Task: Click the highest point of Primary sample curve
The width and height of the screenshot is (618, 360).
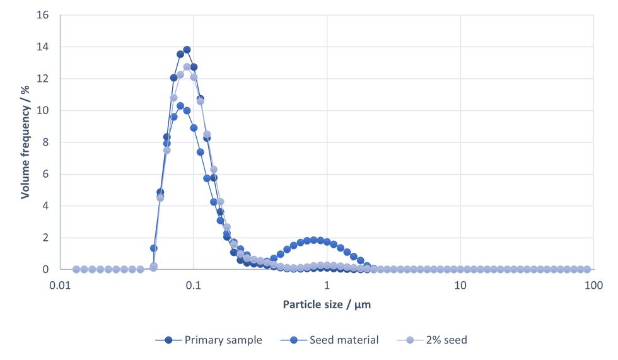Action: click(x=187, y=50)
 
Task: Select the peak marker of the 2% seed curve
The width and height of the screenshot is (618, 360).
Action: click(x=187, y=67)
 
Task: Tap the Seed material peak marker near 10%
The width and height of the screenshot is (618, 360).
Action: click(x=180, y=106)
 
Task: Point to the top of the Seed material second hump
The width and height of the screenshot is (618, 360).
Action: click(x=313, y=240)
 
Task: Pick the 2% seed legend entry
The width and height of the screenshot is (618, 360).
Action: click(x=436, y=340)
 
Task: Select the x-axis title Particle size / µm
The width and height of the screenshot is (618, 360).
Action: click(x=327, y=305)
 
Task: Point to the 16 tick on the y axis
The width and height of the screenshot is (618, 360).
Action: click(x=44, y=15)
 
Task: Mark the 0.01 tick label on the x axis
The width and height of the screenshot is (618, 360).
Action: click(x=60, y=285)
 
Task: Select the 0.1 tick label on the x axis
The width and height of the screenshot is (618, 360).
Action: click(x=194, y=285)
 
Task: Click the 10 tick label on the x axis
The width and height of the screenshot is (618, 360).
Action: click(x=460, y=285)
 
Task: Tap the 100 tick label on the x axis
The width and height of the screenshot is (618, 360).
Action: click(x=593, y=285)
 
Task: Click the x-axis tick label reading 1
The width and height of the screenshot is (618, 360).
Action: click(x=327, y=285)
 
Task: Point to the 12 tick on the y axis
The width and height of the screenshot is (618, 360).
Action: click(x=44, y=79)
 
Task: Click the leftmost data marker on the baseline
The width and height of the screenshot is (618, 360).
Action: click(x=76, y=269)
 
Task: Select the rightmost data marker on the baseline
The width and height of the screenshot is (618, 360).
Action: click(x=586, y=269)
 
